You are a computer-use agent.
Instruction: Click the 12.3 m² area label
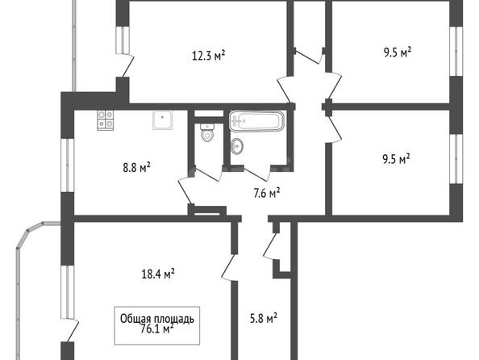(x=209, y=56)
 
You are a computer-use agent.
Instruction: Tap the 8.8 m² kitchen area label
(x=136, y=167)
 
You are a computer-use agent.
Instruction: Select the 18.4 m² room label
(x=158, y=274)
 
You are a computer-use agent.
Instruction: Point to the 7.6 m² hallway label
(x=267, y=193)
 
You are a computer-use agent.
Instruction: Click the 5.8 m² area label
(x=264, y=318)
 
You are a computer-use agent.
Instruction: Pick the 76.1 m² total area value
(x=157, y=329)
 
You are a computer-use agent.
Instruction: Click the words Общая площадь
(x=157, y=319)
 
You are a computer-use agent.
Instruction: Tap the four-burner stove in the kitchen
(x=106, y=120)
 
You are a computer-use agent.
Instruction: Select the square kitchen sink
(x=163, y=120)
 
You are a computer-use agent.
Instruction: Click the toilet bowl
(x=207, y=132)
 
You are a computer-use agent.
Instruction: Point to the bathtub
(x=256, y=121)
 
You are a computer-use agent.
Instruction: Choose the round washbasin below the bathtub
(x=237, y=146)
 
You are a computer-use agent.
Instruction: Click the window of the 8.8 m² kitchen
(x=67, y=165)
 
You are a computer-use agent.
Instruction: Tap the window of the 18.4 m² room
(x=67, y=292)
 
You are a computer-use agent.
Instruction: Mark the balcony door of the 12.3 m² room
(x=128, y=65)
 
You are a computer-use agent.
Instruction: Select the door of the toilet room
(x=208, y=174)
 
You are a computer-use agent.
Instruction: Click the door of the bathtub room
(x=257, y=173)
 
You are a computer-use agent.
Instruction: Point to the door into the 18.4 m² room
(x=229, y=267)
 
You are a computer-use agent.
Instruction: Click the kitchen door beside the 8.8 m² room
(x=185, y=190)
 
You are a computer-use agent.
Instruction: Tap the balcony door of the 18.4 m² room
(x=73, y=331)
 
